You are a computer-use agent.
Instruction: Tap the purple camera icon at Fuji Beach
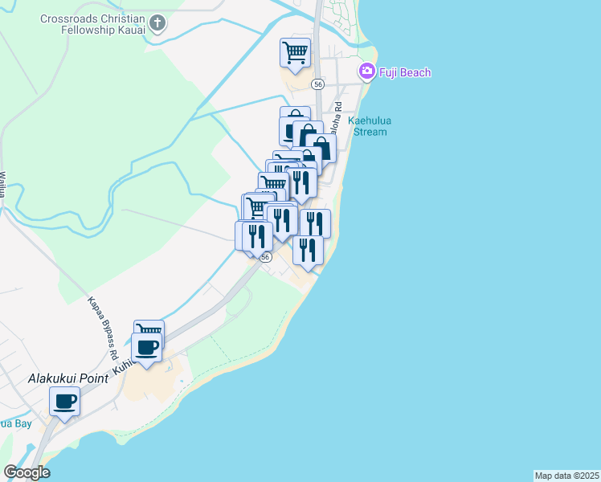(x=367, y=71)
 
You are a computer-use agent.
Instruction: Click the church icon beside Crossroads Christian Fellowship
(x=157, y=23)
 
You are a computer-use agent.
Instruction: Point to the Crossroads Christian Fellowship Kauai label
(x=96, y=22)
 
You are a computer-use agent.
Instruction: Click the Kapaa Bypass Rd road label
(x=104, y=329)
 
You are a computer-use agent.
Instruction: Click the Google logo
(x=27, y=472)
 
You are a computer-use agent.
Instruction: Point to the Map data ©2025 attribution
(x=566, y=476)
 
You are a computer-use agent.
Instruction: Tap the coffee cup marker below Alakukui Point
(x=65, y=401)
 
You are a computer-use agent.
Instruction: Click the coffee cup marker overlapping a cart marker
(x=146, y=348)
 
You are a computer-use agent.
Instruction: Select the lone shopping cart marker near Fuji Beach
(x=295, y=52)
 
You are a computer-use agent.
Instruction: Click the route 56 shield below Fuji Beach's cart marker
(x=318, y=84)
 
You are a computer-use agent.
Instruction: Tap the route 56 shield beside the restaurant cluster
(x=265, y=257)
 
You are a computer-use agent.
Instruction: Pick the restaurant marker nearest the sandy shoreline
(x=308, y=250)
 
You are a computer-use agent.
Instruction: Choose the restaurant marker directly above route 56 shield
(x=257, y=236)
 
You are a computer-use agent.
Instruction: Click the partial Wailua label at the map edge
(x=3, y=185)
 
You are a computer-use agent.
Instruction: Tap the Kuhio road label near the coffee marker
(x=122, y=366)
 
